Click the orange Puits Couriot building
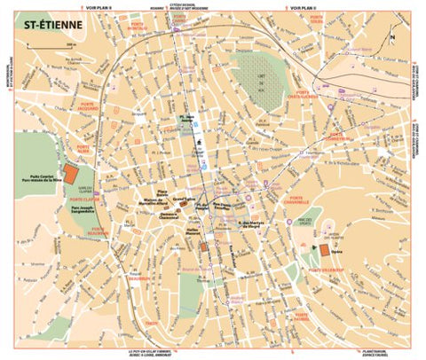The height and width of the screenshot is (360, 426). click(70, 171)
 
